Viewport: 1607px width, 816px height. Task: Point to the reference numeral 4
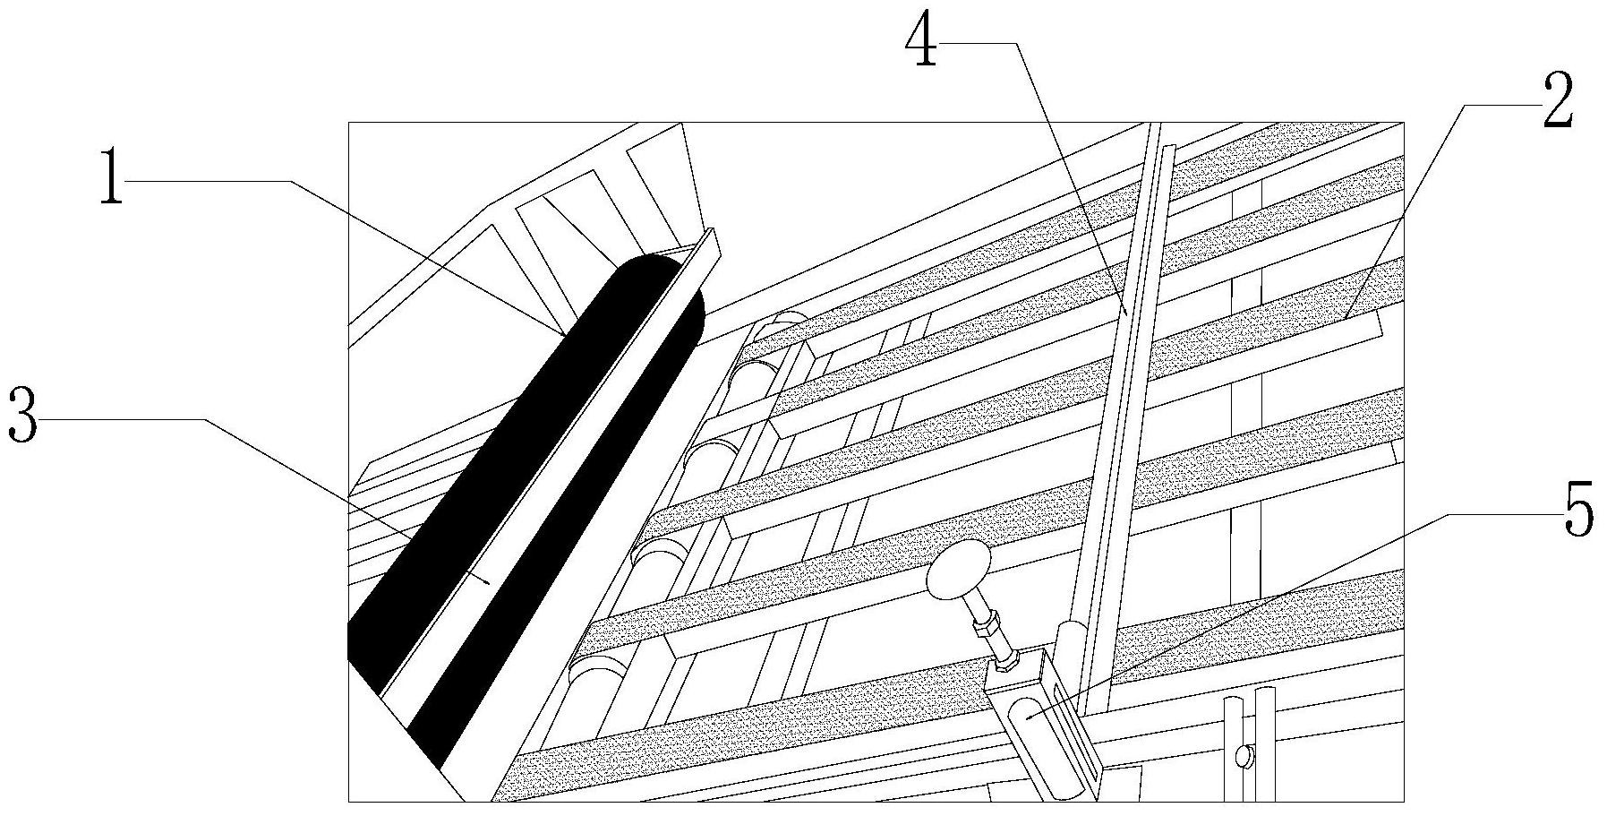coord(921,41)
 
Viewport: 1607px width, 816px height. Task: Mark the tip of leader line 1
coord(562,335)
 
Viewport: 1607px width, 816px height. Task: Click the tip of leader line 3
coord(488,582)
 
